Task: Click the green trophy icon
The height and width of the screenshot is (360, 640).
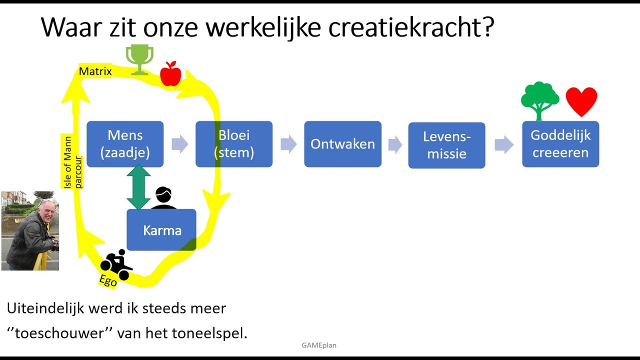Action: tap(139, 59)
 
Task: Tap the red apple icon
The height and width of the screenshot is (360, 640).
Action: tap(170, 73)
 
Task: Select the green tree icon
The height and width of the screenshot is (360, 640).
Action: tap(539, 101)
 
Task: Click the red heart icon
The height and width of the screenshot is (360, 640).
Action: tap(581, 101)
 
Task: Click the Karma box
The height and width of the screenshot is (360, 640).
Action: tap(161, 230)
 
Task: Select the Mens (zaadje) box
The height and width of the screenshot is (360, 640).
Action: tap(125, 144)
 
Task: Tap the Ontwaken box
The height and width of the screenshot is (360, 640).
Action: tap(343, 144)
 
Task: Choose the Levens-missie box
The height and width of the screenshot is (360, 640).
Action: tap(447, 145)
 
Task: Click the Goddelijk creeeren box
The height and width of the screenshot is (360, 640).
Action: tap(560, 144)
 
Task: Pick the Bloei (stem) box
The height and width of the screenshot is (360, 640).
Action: tap(234, 144)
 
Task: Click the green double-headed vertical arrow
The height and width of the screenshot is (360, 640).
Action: tap(138, 187)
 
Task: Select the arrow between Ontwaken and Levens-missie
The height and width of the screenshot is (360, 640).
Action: tap(395, 144)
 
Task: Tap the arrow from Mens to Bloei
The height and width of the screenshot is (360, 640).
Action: tap(179, 144)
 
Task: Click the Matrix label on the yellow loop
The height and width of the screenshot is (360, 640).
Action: tap(95, 71)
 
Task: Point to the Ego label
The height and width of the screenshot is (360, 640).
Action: tap(108, 281)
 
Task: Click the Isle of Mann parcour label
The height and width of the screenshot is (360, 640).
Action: tap(72, 162)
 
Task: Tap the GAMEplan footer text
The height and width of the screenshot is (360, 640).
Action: tap(319, 345)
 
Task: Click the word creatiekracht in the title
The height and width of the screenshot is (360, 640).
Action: tap(411, 27)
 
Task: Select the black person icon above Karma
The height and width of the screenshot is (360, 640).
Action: tap(163, 197)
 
